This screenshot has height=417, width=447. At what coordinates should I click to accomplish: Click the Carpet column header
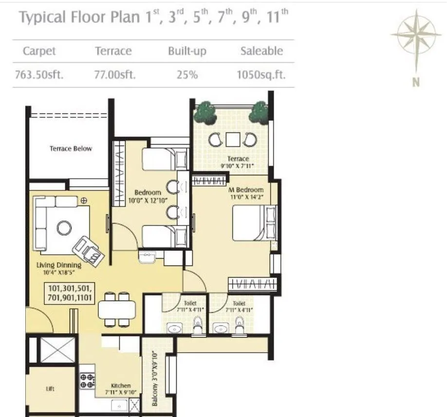[x=39, y=51]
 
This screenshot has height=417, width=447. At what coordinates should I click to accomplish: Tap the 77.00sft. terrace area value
[x=115, y=76]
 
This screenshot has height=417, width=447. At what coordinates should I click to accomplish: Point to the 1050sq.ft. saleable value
[x=261, y=76]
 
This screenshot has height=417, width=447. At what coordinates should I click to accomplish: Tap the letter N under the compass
[x=416, y=83]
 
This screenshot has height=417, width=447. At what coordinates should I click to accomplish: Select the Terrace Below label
[x=71, y=149]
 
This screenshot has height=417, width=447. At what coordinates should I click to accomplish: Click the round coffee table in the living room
[x=64, y=227]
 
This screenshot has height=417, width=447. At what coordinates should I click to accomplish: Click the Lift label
[x=50, y=389]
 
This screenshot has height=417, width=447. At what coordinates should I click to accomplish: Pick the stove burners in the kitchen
[x=87, y=380]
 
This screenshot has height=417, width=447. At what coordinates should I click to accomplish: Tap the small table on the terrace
[x=233, y=140]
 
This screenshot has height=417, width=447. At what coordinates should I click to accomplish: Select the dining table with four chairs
[x=117, y=310]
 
